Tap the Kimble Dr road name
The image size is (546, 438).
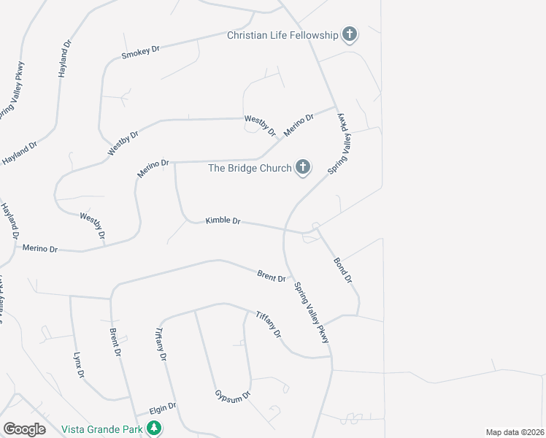223,220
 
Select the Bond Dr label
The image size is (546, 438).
343,270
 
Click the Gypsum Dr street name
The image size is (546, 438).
232,394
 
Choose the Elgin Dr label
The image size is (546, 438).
162,407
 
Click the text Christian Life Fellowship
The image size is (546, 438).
283,35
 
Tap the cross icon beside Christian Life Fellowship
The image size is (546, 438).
350,34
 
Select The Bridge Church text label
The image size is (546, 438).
250,168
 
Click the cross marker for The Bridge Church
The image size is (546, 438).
303,168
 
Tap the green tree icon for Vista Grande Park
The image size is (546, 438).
154,428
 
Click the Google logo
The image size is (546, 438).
24,429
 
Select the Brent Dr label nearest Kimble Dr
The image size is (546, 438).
271,276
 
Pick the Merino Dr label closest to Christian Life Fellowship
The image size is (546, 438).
299,124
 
